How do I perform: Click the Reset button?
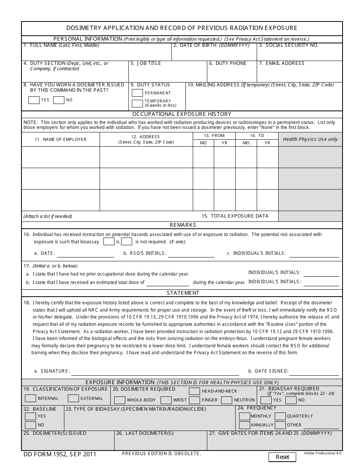pos(282,457)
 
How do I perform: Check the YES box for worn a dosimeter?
pos(34,100)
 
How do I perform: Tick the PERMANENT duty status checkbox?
pos(137,93)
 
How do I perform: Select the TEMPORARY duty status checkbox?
pos(137,103)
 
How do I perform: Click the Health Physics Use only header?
pos(310,139)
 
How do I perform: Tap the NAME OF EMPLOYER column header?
pos(61,139)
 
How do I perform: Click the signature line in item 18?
pos(155,371)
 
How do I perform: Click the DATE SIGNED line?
pos(314,371)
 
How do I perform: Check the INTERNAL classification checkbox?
pos(30,398)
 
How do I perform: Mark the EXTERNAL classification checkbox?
pos(73,398)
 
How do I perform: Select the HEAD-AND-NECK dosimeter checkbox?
pos(194,391)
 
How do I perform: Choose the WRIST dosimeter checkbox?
pos(166,400)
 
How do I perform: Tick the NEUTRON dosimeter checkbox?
pos(227,400)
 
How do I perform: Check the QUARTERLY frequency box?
pos(280,416)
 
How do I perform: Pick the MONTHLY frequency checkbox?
pos(244,416)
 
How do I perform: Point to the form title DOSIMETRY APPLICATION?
pos(182,28)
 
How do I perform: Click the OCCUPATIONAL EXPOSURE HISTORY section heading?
pos(182,114)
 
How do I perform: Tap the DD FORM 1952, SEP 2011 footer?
pos(60,454)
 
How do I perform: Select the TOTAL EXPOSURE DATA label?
pos(235,216)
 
